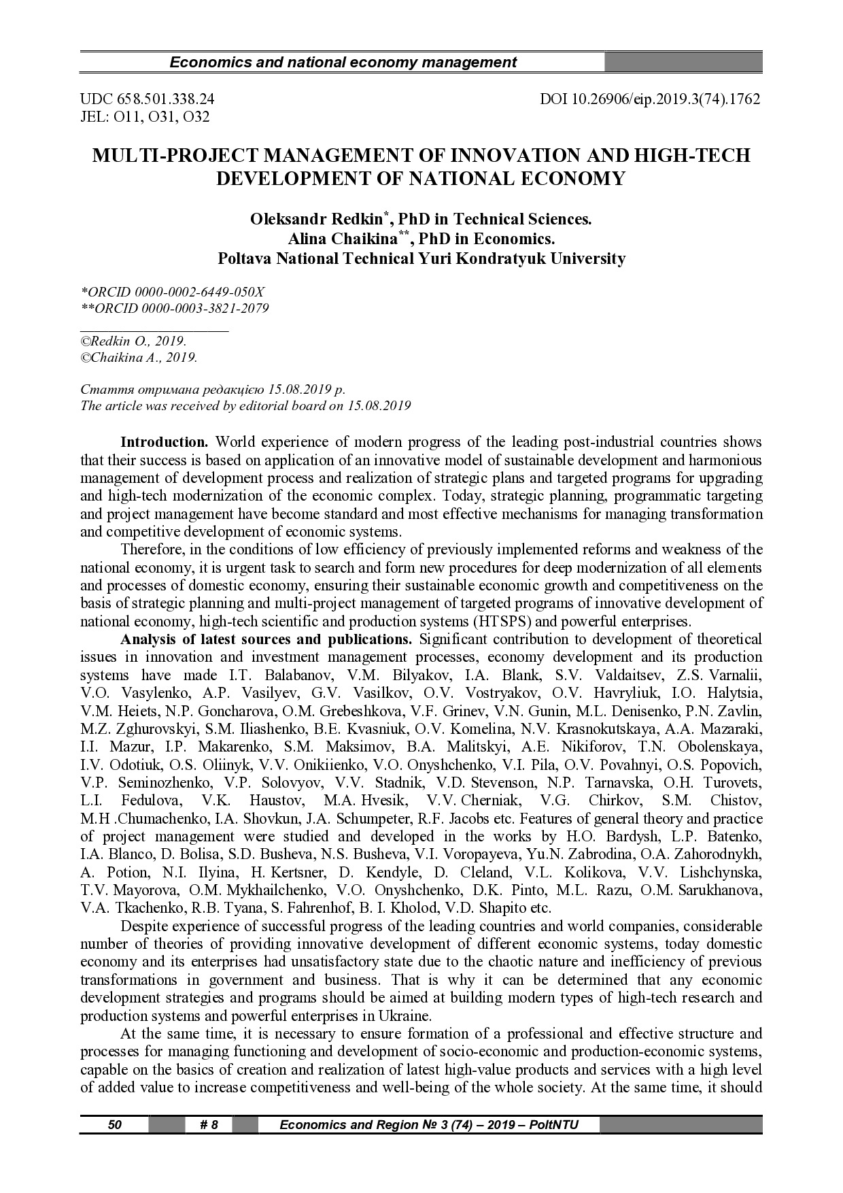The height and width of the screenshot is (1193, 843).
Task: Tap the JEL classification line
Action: pyautogui.click(x=145, y=116)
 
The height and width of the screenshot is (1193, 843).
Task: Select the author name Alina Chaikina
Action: pyautogui.click(x=343, y=239)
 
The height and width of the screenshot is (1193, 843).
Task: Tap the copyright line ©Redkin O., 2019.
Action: pyautogui.click(x=133, y=341)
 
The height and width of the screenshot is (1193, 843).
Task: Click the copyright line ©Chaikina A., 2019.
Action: pyautogui.click(x=139, y=358)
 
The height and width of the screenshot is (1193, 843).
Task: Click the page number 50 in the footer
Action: pyautogui.click(x=115, y=1124)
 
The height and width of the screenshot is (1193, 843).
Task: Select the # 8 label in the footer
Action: pyautogui.click(x=209, y=1124)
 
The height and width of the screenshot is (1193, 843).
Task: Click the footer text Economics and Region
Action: pyautogui.click(x=428, y=1124)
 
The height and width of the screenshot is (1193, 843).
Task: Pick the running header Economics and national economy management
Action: pyautogui.click(x=343, y=63)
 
